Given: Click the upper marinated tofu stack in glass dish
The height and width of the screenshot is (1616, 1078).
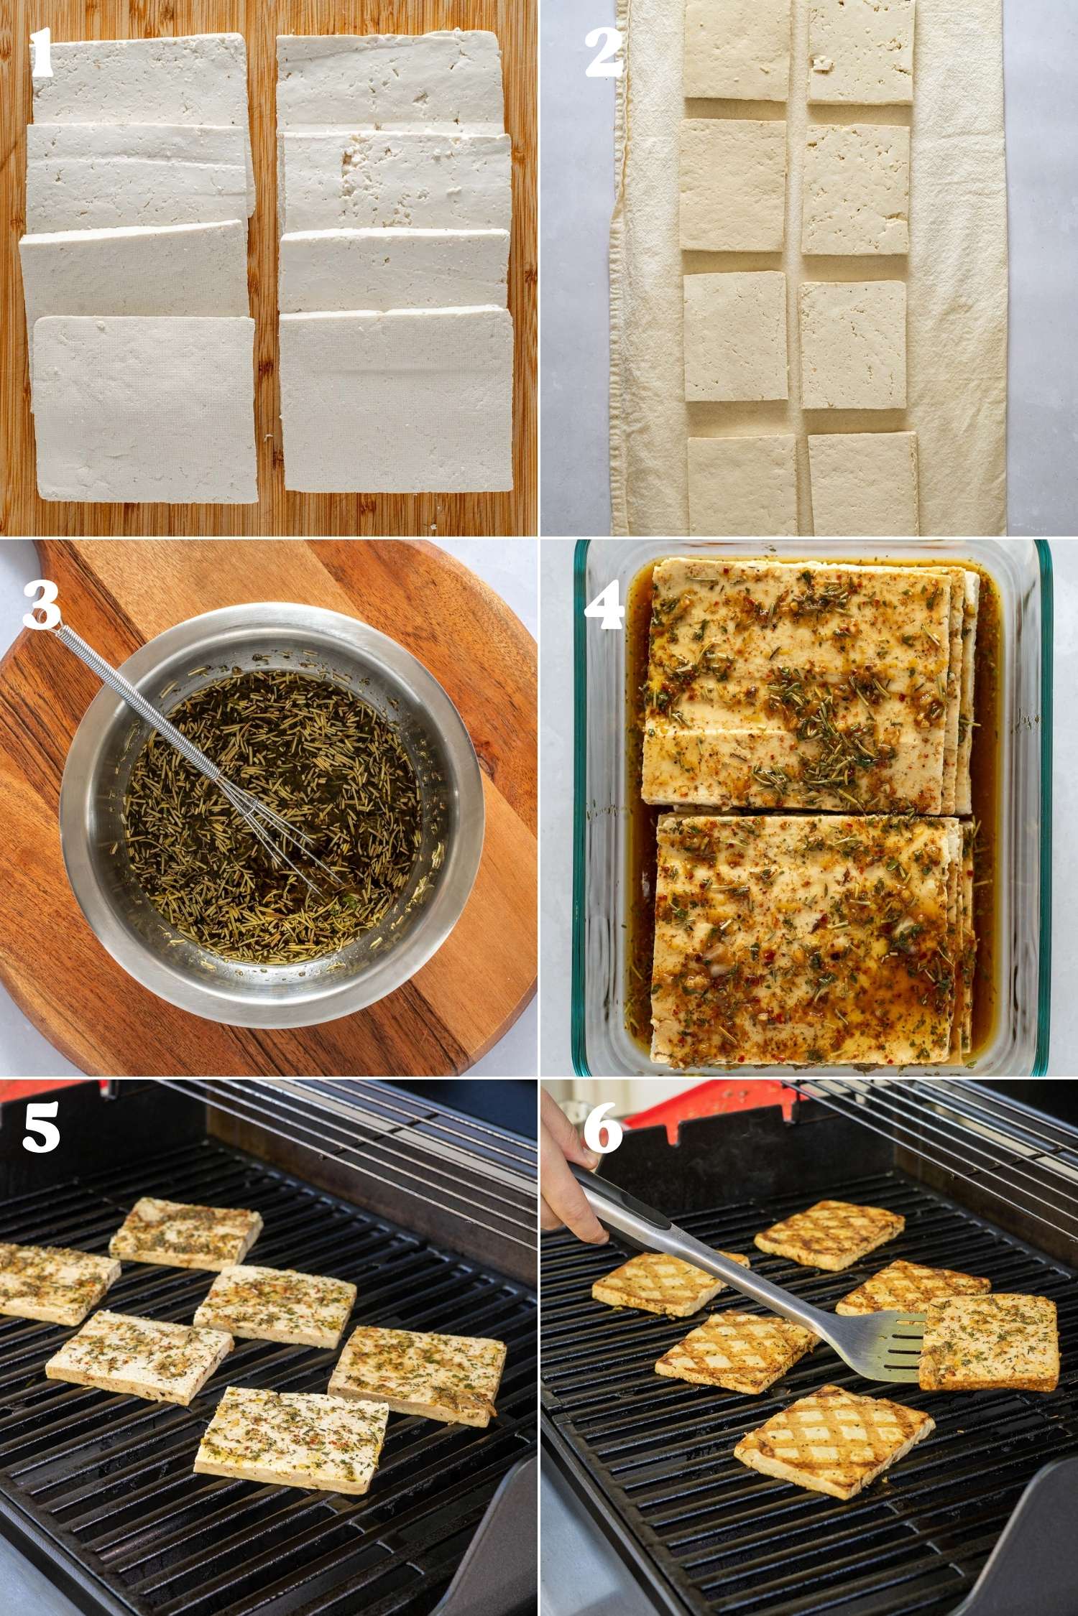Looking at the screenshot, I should tap(798, 682).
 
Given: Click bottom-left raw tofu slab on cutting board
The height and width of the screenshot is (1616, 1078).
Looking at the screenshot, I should tap(144, 409).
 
